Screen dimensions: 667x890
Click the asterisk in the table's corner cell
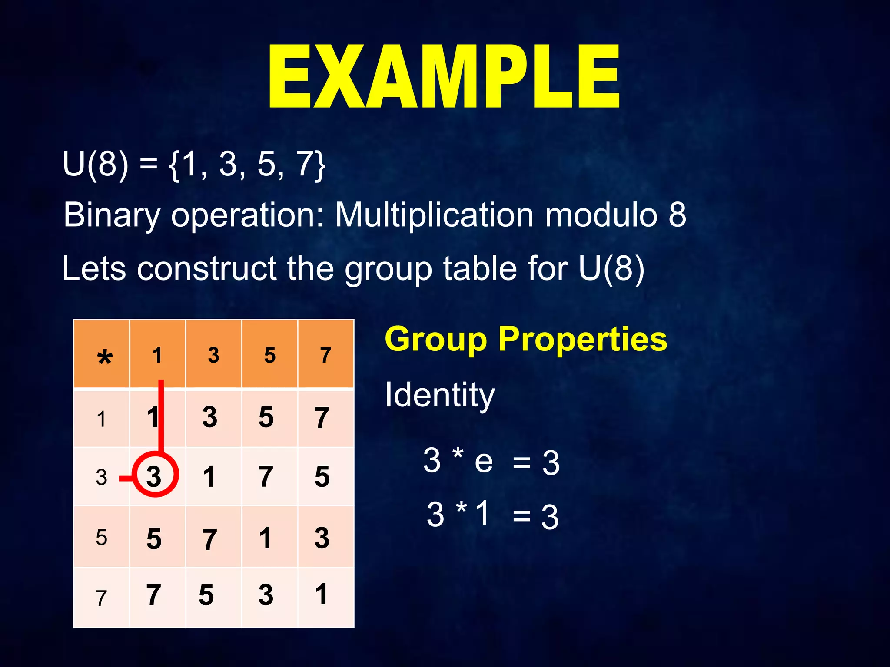tap(105, 358)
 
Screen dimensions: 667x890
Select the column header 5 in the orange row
tap(269, 355)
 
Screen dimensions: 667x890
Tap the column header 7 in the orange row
tap(325, 355)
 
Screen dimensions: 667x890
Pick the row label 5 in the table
tap(101, 538)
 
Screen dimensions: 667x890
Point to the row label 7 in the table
tap(101, 598)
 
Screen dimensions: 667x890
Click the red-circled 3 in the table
tap(154, 476)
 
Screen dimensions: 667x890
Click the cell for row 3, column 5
tap(266, 476)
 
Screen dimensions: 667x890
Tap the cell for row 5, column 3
tap(209, 539)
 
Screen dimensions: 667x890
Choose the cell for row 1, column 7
tap(322, 417)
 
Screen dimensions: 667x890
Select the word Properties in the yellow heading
tap(582, 339)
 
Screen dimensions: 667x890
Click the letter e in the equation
tap(484, 461)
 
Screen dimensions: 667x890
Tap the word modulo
tap(601, 215)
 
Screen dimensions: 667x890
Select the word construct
tap(207, 268)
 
